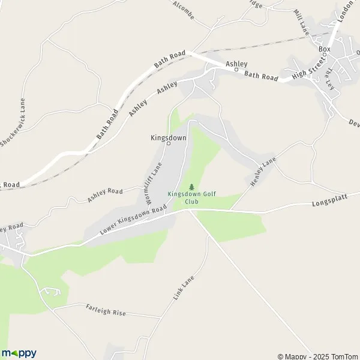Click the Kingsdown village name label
pyautogui.click(x=168, y=137)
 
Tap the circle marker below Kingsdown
pyautogui.click(x=168, y=143)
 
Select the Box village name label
pyautogui.click(x=325, y=49)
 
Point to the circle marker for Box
pyautogui.click(x=325, y=55)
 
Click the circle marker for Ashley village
pyautogui.click(x=236, y=70)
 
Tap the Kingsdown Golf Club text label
pyautogui.click(x=191, y=198)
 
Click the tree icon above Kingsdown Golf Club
pyautogui.click(x=191, y=187)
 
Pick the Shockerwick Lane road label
pyautogui.click(x=13, y=122)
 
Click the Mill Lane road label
pyautogui.click(x=301, y=22)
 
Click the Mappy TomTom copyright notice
pyautogui.click(x=318, y=356)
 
